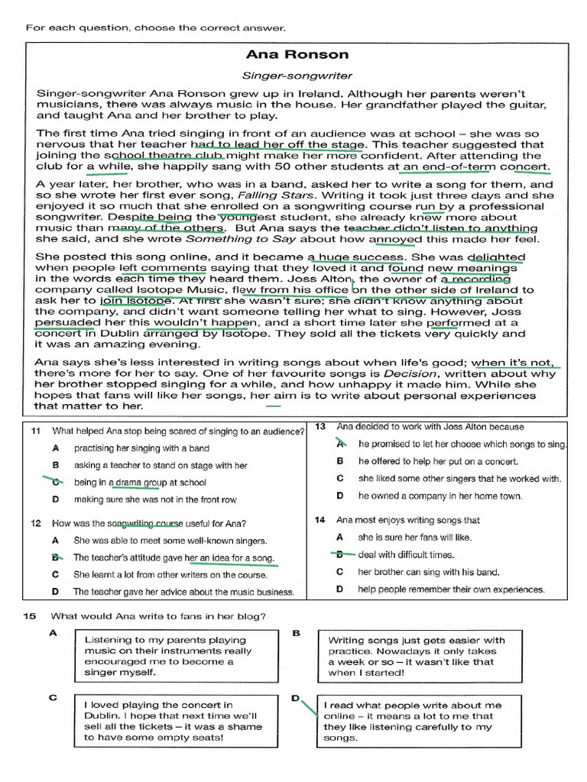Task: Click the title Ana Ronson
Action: [x=297, y=54]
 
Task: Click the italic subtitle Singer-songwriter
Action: [x=297, y=76]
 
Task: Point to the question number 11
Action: [x=35, y=431]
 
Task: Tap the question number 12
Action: [x=35, y=523]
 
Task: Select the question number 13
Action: [x=321, y=426]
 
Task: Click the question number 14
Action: [x=321, y=520]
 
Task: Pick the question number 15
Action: [x=31, y=616]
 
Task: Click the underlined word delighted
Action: [x=496, y=257]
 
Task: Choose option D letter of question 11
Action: [x=55, y=499]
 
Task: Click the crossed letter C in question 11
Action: [x=55, y=482]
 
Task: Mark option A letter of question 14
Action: [x=340, y=538]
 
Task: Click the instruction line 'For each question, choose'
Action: [x=155, y=27]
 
